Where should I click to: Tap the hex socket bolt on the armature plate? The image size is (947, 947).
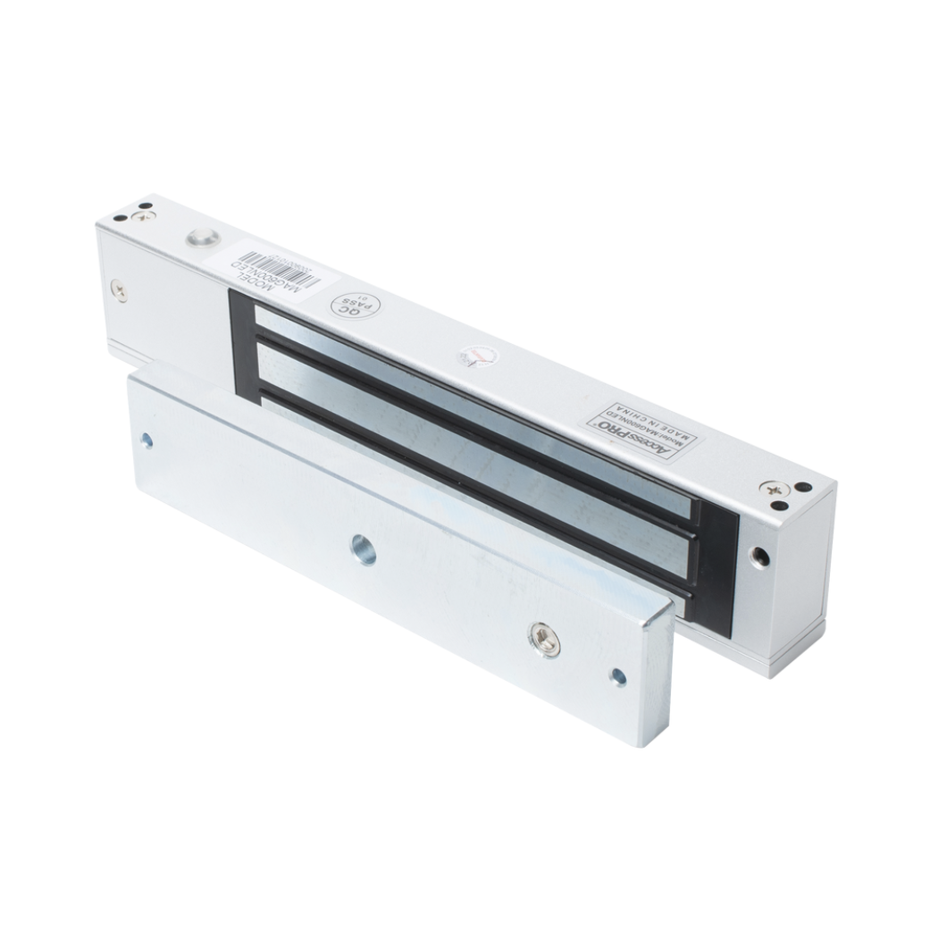(x=540, y=636)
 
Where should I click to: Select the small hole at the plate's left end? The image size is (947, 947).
(x=147, y=439)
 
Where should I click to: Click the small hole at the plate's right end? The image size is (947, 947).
(x=616, y=676)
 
